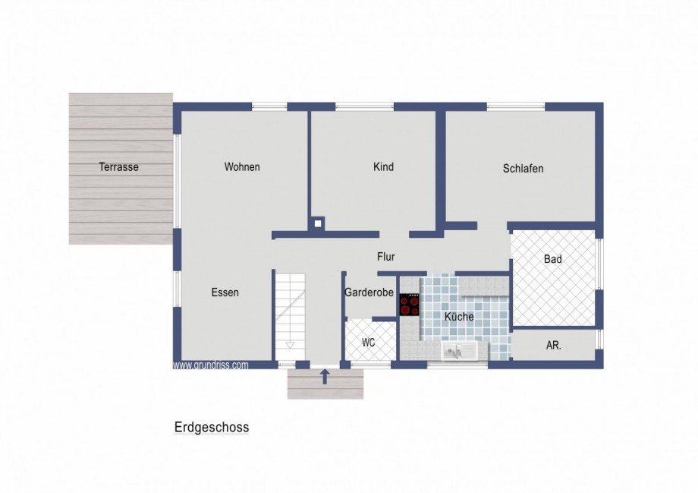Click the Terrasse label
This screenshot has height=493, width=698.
click(118, 167)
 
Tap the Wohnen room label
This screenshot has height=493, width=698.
click(242, 167)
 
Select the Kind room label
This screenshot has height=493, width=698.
click(384, 167)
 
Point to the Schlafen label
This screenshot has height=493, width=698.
click(523, 169)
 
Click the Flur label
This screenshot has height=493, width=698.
click(386, 257)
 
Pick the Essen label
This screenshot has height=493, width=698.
click(225, 292)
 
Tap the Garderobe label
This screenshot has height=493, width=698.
click(369, 292)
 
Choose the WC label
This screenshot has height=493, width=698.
click(368, 343)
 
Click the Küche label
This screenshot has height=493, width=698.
click(459, 317)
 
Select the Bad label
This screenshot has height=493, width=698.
click(553, 259)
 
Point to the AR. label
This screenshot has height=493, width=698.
click(554, 345)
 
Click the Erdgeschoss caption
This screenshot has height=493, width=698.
click(212, 428)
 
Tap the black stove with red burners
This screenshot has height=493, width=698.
click(410, 305)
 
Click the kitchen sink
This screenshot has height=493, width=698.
click(459, 351)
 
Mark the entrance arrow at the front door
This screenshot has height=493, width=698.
click(325, 376)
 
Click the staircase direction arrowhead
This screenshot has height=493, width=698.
click(289, 345)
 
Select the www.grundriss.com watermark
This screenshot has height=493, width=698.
click(210, 365)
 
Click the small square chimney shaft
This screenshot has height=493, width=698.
click(318, 223)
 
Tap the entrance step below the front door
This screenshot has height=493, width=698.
click(325, 387)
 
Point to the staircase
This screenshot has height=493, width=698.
click(289, 311)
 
